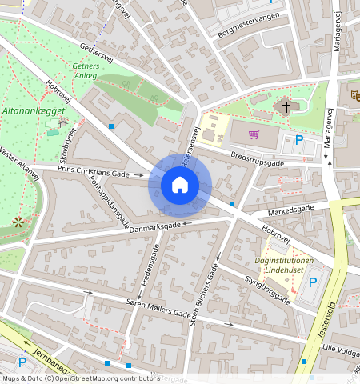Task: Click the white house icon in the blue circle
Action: (180, 186)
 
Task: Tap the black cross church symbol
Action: (286, 106)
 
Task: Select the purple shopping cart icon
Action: (254, 134)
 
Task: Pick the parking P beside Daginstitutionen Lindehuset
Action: (313, 282)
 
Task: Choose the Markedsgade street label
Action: (290, 210)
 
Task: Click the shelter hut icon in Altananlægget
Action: (62, 123)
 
